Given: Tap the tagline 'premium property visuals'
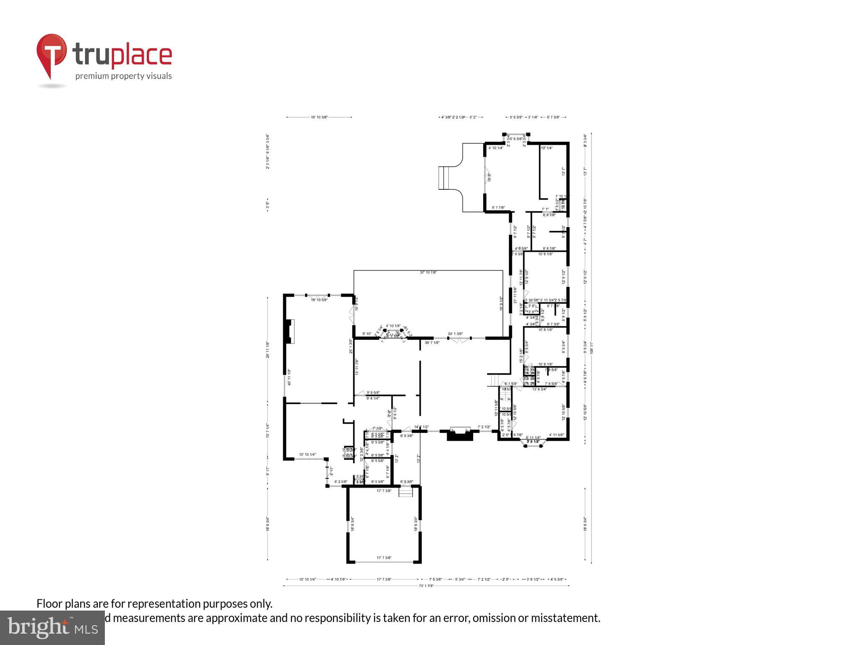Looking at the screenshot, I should point(123,76).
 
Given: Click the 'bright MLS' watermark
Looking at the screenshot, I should point(53,628).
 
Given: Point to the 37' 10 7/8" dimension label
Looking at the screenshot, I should point(428,273).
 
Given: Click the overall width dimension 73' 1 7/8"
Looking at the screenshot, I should point(426,586).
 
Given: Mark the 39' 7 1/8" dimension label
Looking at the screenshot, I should point(432,343).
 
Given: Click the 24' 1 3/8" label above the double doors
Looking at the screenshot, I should point(455,334).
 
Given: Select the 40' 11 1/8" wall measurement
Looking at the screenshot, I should point(289,377).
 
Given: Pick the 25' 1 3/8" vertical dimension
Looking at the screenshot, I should point(351,346).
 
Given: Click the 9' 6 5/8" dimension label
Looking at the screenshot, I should point(373,393).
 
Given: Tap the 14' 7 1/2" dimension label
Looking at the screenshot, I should point(422,427).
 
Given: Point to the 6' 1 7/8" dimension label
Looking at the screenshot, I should point(498,207).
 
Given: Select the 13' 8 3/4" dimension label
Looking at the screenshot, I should point(539,389).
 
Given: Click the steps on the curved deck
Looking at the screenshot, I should point(444,178).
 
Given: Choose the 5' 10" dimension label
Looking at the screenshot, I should point(367,334).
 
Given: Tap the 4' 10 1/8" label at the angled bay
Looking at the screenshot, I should point(393,326).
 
